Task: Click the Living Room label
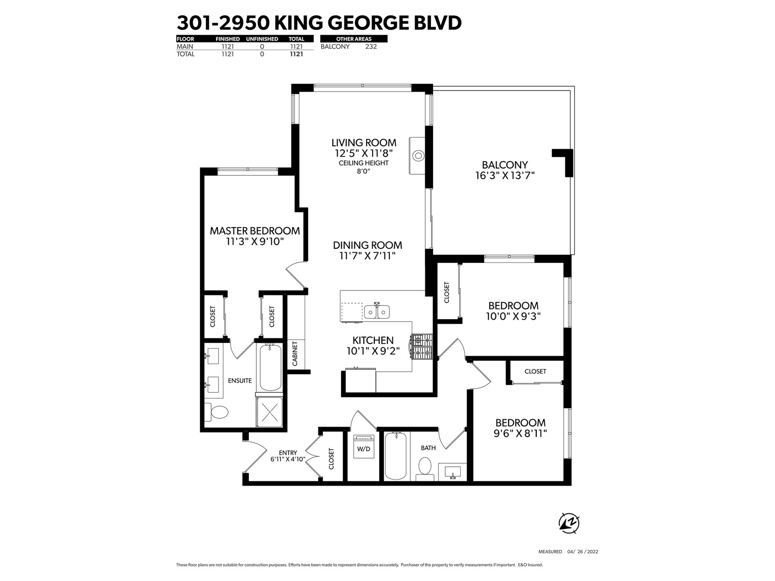point(364,142)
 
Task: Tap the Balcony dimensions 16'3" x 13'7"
point(505,175)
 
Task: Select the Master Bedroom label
point(255,231)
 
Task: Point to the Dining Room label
point(367,245)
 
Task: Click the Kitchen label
point(373,340)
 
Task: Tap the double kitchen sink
point(377,311)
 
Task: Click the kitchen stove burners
point(422,346)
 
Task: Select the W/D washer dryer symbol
point(364,446)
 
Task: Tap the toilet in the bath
point(425,469)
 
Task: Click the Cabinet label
point(295,353)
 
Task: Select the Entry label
point(288,453)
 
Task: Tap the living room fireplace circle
point(418,155)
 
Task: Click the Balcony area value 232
point(371,46)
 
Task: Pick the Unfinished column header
point(262,39)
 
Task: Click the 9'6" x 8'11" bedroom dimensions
point(520,433)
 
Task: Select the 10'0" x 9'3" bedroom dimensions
point(513,316)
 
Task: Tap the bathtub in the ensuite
point(270,367)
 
